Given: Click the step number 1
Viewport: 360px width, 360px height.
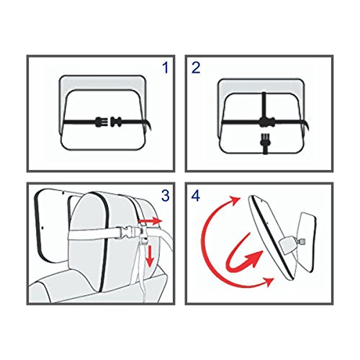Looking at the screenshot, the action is click(x=166, y=68).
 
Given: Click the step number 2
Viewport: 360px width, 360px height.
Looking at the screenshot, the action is click(x=196, y=68).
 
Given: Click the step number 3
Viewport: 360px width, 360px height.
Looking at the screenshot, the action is click(x=166, y=196).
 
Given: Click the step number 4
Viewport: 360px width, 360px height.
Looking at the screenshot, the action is click(x=196, y=196).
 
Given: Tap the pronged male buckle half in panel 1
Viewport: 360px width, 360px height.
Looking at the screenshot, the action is click(x=101, y=122).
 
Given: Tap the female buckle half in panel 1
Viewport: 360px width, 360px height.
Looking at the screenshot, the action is click(x=116, y=122).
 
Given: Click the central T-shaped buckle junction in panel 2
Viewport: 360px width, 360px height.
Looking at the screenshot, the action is click(x=264, y=122).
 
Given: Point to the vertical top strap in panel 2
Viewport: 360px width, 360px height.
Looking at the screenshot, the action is click(x=264, y=104).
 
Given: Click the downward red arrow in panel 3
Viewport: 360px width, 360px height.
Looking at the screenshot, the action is click(x=149, y=256).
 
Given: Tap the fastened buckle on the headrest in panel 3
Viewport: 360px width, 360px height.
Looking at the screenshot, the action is click(x=127, y=233).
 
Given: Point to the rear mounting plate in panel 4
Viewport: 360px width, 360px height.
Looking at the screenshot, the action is click(x=306, y=243).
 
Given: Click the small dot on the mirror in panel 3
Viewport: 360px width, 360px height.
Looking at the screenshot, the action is click(x=42, y=227).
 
